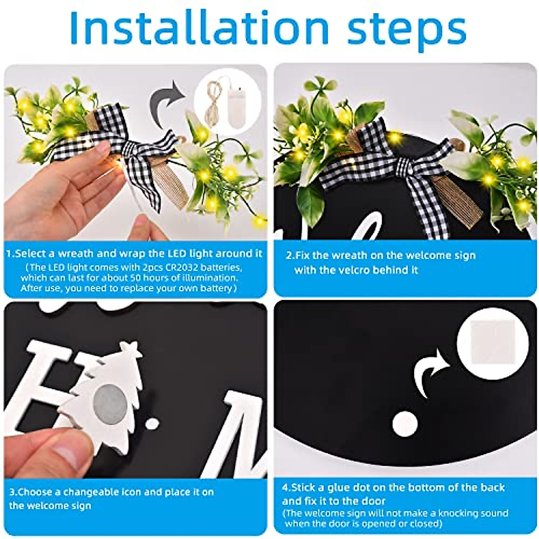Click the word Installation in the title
pyautogui.click(x=199, y=28)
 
